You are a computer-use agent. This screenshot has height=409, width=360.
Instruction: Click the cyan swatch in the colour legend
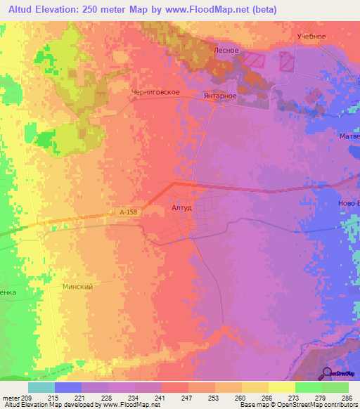tap(41, 387)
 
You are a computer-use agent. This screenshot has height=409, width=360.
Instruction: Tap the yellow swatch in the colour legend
tap(281, 387)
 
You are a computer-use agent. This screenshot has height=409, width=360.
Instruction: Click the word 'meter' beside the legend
tap(10, 397)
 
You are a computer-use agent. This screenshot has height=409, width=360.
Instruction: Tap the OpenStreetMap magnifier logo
tap(327, 372)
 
